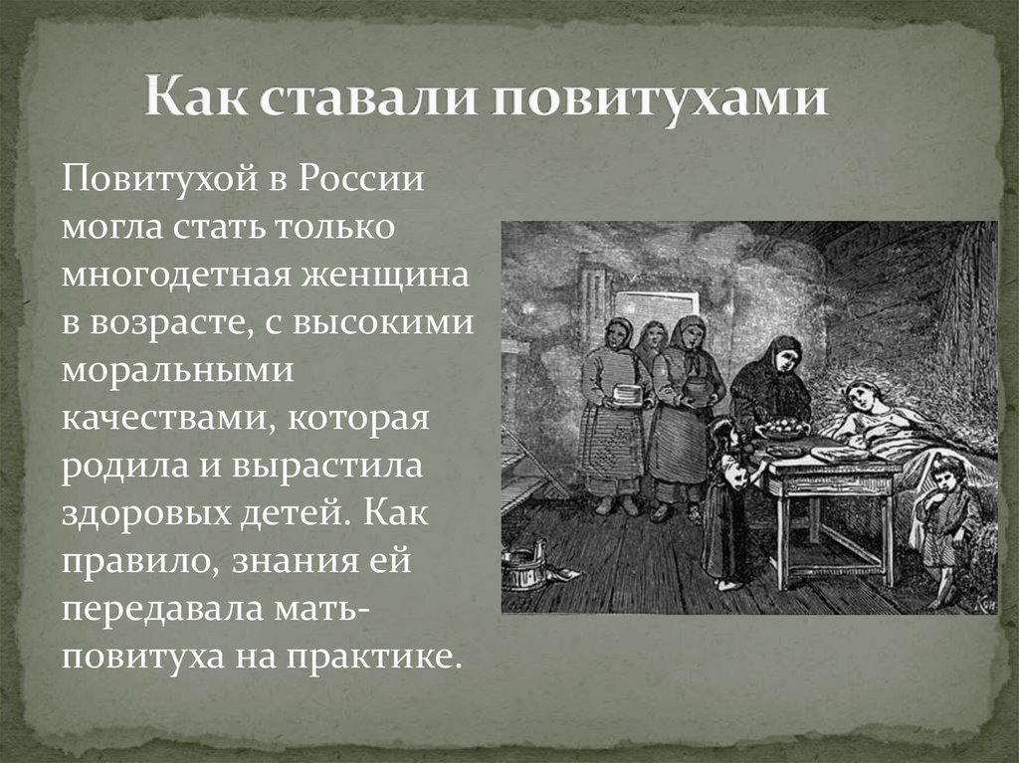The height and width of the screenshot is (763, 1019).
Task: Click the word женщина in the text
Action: point(385,275)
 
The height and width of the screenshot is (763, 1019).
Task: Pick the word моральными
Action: point(177,371)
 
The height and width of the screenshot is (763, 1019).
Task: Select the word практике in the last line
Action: point(373,658)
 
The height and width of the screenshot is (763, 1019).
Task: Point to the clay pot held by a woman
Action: point(700,391)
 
